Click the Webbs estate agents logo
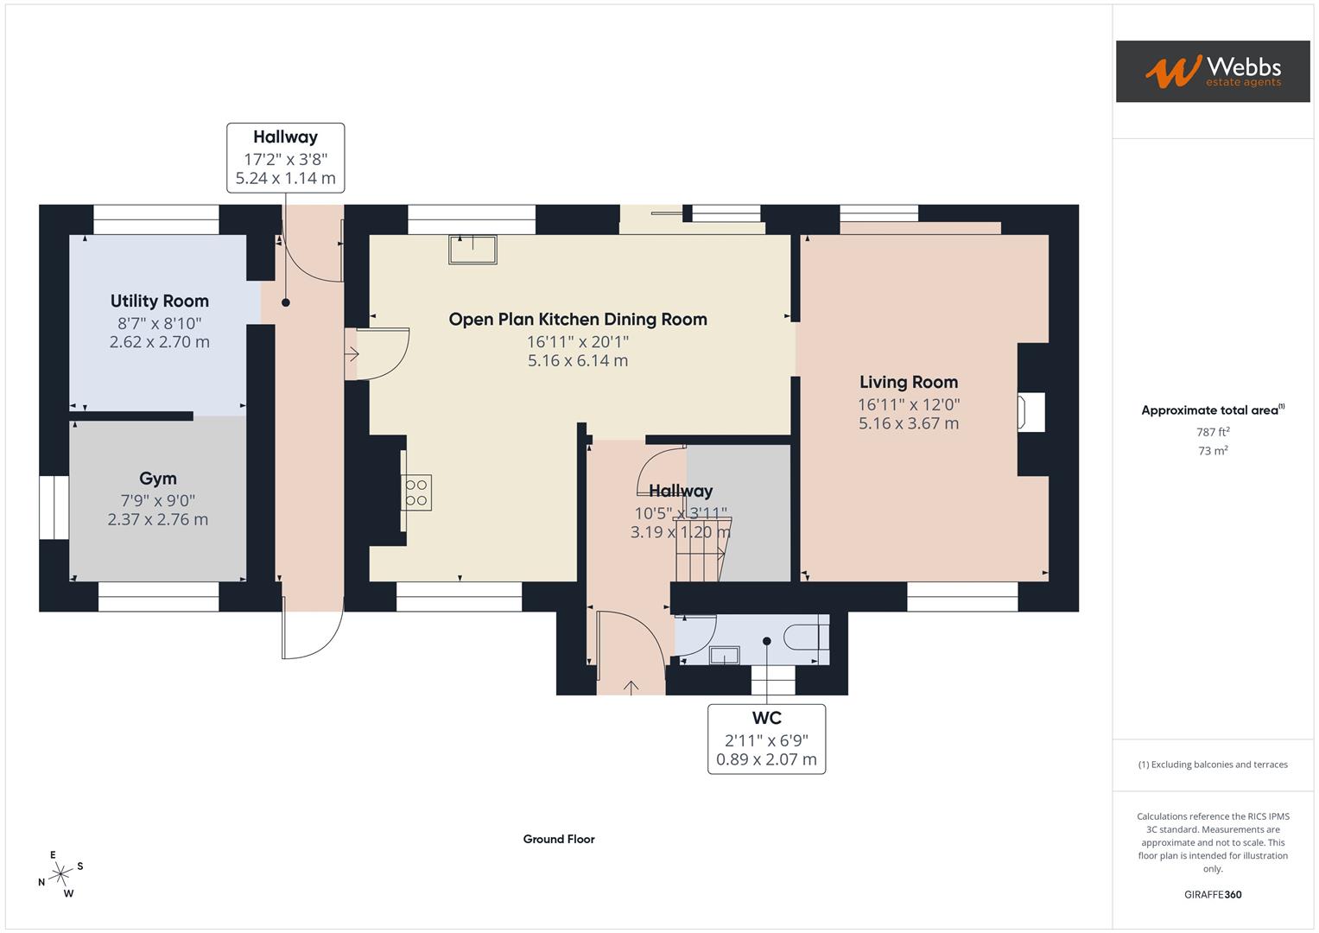point(1212,72)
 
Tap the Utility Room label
point(160,301)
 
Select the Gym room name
point(158,479)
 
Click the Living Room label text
point(908,382)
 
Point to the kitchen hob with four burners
point(416,492)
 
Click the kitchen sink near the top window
point(472,249)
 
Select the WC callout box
point(766,739)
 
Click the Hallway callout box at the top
point(285,157)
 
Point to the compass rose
point(60,874)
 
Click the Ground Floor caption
point(559,839)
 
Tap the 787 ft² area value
point(1213,432)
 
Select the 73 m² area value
point(1213,451)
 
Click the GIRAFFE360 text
point(1213,895)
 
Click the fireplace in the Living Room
point(1032,411)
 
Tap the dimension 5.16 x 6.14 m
point(577,361)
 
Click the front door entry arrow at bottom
point(631,688)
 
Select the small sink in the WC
point(724,656)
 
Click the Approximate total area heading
point(1212,410)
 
